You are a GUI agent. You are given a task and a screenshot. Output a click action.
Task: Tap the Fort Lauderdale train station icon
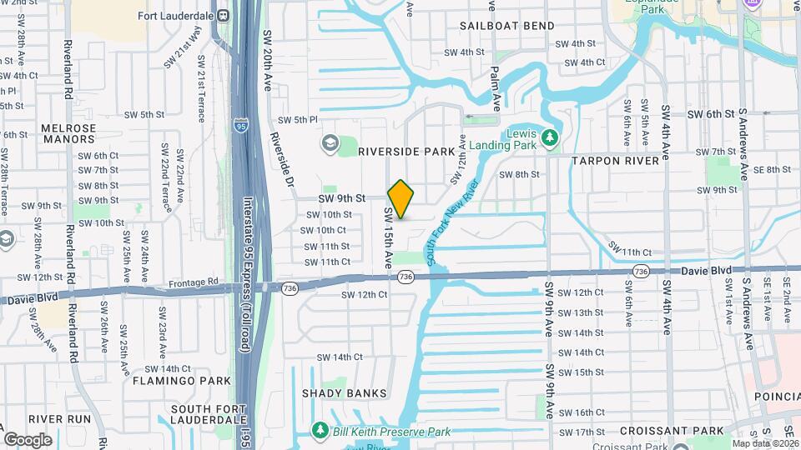223,15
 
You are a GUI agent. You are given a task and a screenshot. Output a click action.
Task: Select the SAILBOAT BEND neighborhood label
507,26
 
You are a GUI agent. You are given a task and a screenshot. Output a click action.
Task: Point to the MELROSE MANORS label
68,134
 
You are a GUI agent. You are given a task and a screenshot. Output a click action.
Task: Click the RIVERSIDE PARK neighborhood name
406,152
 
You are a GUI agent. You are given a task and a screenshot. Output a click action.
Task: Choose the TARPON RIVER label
615,160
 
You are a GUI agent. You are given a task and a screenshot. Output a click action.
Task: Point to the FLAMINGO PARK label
181,381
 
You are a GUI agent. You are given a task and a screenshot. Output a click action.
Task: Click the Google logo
28,439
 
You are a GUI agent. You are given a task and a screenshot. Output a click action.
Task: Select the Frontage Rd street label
197,282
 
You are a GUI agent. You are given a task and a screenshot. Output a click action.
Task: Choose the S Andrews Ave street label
748,312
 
